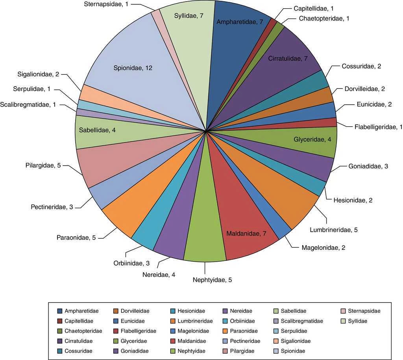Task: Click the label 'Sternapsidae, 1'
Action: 105,4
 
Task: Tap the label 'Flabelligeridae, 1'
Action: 377,127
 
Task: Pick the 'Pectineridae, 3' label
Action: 51,207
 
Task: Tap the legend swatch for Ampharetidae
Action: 59,311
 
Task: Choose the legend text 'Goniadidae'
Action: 135,351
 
